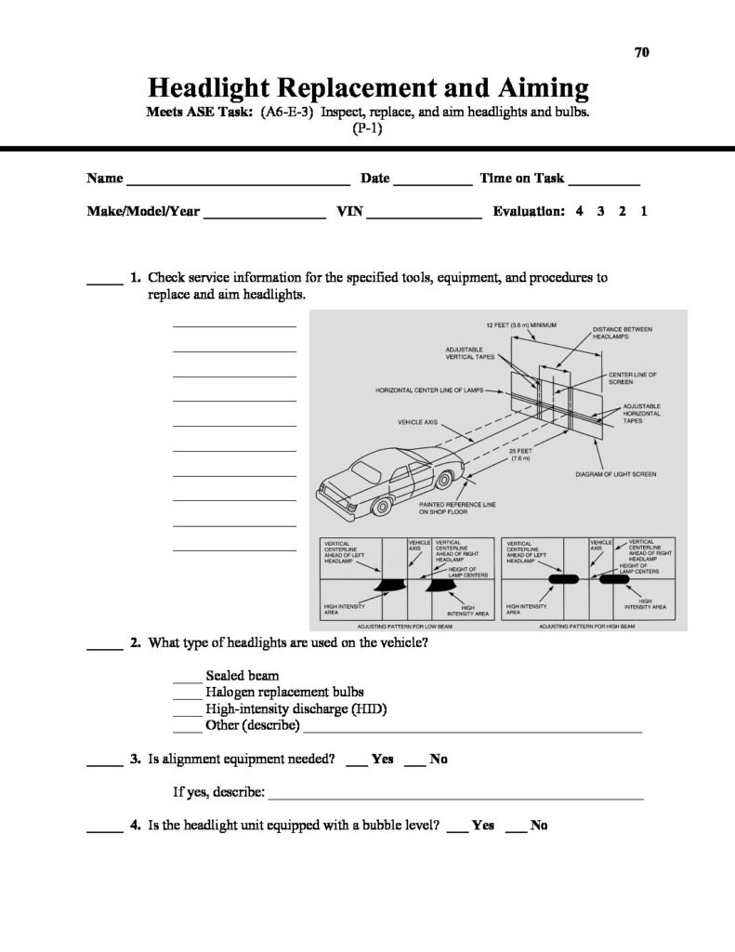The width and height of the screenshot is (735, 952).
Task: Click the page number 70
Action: pyautogui.click(x=641, y=52)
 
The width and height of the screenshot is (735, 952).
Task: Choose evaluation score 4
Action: pyautogui.click(x=579, y=211)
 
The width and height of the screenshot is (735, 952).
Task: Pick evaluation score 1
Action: pyautogui.click(x=644, y=211)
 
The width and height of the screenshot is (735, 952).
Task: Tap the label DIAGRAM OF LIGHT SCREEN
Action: pyautogui.click(x=616, y=474)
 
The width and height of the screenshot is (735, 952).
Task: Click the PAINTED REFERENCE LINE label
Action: pyautogui.click(x=457, y=508)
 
